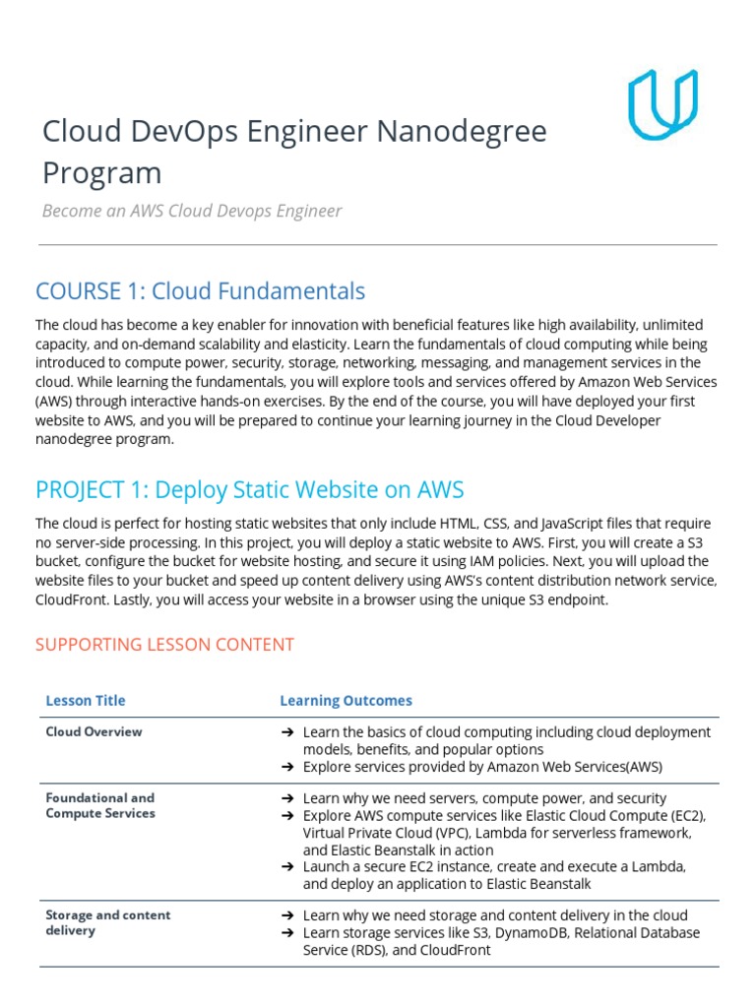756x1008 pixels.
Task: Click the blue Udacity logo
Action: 662,103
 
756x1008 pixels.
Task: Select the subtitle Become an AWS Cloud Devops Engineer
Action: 192,211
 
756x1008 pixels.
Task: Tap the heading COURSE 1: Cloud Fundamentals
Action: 200,291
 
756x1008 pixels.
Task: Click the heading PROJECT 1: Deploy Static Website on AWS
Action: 249,490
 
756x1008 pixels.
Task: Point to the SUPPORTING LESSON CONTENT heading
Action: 164,645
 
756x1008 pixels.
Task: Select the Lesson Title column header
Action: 86,701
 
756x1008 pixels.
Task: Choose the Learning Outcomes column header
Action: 346,701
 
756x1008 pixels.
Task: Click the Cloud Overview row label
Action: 94,731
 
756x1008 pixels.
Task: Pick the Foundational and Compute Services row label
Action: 100,805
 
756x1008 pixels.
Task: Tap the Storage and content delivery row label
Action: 107,922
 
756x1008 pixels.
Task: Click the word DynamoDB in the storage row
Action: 530,932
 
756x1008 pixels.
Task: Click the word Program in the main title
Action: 101,172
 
